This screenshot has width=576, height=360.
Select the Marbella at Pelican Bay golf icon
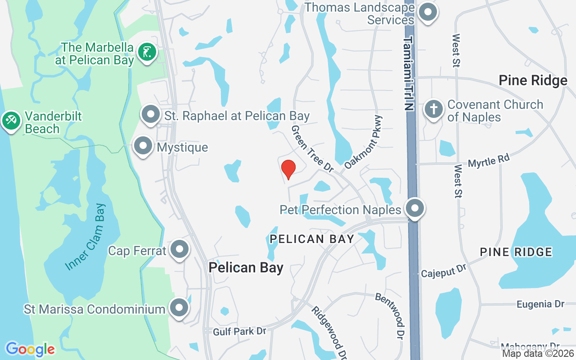[147, 53]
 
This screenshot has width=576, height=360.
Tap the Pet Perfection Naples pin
[414, 209]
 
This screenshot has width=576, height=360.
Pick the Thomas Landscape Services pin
[427, 13]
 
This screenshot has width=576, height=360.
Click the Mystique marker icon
[143, 146]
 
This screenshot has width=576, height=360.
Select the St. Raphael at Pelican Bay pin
[151, 115]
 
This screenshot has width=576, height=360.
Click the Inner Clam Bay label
[85, 237]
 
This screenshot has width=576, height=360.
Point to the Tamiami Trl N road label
[408, 74]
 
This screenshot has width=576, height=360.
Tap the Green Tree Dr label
[312, 148]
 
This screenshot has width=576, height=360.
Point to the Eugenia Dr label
[540, 305]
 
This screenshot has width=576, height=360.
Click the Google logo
[30, 349]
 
